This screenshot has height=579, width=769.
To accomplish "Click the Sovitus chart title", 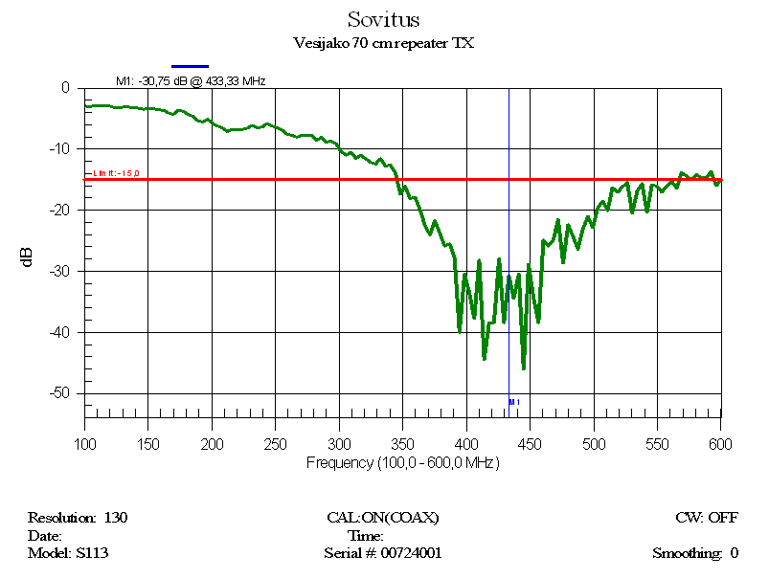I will click(x=383, y=19).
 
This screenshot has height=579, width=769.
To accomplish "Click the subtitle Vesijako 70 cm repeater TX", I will click(x=383, y=43).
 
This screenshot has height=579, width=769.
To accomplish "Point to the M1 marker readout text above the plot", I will click(x=191, y=81).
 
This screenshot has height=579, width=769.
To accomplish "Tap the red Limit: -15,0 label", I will click(x=117, y=173).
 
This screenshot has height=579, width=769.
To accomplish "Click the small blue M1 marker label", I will click(x=513, y=402).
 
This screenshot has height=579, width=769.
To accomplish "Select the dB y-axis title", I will click(x=28, y=256).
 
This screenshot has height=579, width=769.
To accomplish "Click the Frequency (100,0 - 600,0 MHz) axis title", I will click(x=402, y=462).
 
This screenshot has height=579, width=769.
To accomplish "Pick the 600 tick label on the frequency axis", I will click(x=720, y=444).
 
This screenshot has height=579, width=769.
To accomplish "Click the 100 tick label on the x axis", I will click(x=85, y=444).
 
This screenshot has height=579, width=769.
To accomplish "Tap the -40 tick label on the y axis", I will click(x=60, y=332).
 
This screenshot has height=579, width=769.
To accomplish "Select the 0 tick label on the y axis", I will click(x=66, y=88).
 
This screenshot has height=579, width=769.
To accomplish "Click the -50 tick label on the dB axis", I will click(x=60, y=393).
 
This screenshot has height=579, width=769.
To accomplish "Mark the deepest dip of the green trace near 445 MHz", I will click(x=523, y=367).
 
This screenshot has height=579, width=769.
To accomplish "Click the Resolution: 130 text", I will click(x=78, y=518).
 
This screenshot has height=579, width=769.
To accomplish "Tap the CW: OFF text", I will click(x=707, y=518).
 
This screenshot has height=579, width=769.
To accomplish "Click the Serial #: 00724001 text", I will click(x=383, y=552).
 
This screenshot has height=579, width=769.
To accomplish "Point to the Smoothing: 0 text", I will click(x=695, y=552).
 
